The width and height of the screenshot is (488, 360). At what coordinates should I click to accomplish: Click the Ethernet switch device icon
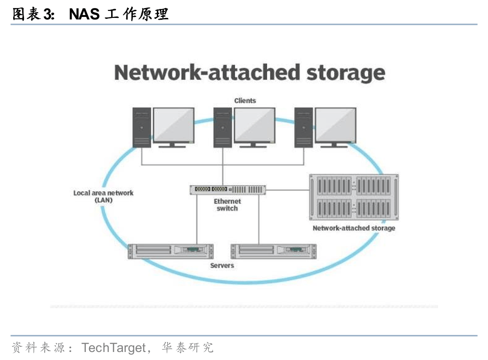pyautogui.click(x=228, y=189)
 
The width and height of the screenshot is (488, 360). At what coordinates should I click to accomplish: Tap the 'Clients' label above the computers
pyautogui.click(x=245, y=100)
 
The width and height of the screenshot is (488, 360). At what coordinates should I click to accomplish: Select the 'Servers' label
pyautogui.click(x=222, y=265)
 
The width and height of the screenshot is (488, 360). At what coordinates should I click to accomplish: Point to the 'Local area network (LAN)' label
pyautogui.click(x=103, y=196)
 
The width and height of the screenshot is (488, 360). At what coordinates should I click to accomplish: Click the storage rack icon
pyautogui.click(x=354, y=197)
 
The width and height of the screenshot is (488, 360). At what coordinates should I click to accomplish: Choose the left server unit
pyautogui.click(x=171, y=251)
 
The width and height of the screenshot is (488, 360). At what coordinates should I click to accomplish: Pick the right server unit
pyautogui.click(x=273, y=251)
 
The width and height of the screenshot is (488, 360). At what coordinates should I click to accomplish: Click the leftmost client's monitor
pyautogui.click(x=173, y=125)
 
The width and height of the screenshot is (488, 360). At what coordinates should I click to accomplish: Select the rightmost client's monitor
pyautogui.click(x=335, y=125)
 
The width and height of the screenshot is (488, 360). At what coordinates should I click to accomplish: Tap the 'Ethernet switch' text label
pyautogui.click(x=228, y=205)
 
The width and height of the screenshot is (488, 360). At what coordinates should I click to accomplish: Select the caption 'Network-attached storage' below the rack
pyautogui.click(x=354, y=228)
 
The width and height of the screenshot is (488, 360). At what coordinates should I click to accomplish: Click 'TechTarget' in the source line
pyautogui.click(x=114, y=348)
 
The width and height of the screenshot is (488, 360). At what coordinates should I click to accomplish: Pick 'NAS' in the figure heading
pyautogui.click(x=84, y=14)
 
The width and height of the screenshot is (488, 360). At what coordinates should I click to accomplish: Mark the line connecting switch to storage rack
pyautogui.click(x=287, y=190)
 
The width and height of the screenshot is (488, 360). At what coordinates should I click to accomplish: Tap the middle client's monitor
pyautogui.click(x=254, y=125)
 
